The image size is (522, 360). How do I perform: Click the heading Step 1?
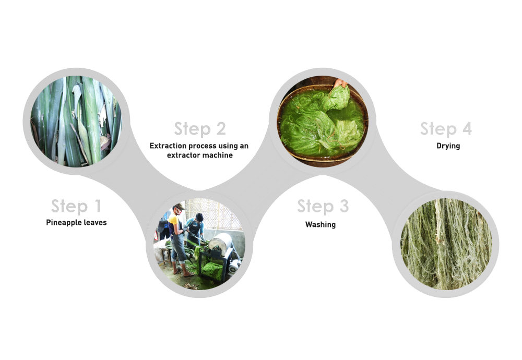point(76,206)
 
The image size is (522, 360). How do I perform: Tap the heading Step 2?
point(200,129)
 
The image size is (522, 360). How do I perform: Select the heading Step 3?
point(323,206)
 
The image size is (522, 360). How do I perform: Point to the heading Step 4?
point(446,129)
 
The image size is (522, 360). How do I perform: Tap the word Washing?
point(321,224)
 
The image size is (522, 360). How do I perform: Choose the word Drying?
point(448,146)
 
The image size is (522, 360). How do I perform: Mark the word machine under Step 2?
point(217,155)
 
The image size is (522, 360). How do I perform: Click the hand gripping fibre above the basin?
point(340,83)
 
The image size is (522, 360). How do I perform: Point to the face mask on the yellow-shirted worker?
point(179,212)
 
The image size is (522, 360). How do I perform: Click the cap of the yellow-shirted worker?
point(179,206)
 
